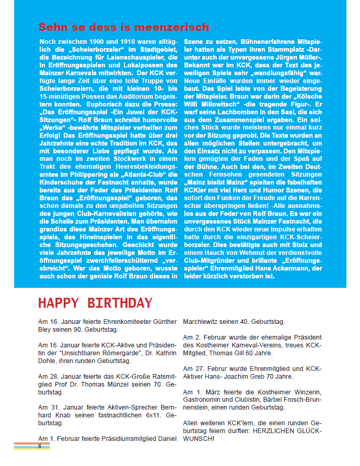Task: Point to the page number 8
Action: coord(39,446)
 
